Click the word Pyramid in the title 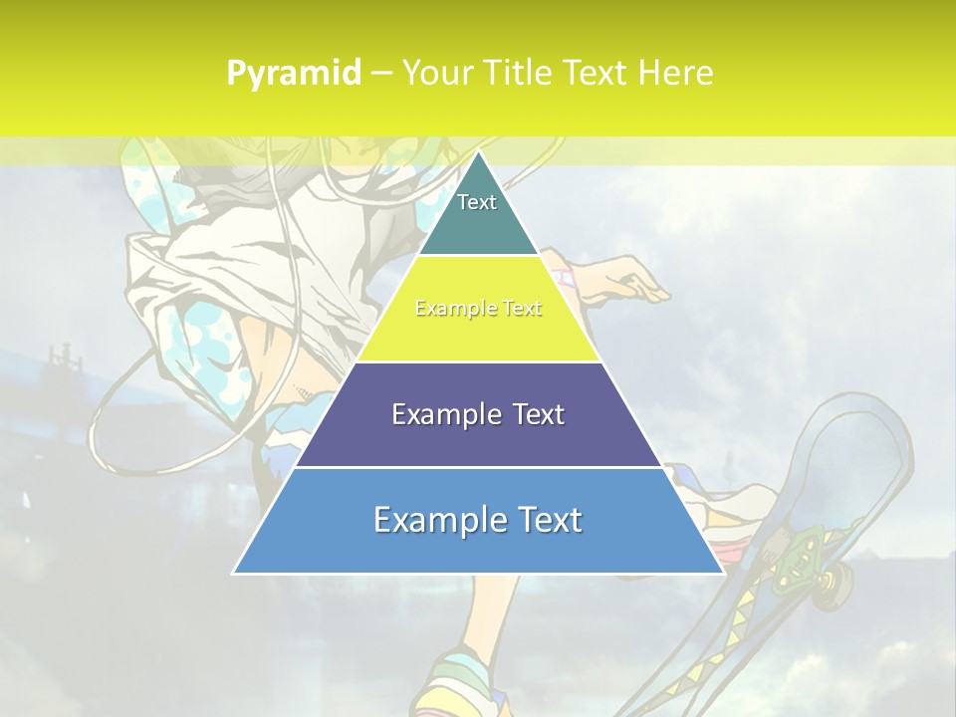pyautogui.click(x=293, y=74)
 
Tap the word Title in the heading pyautogui.click(x=522, y=73)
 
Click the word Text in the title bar pyautogui.click(x=597, y=73)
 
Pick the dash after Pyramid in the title pyautogui.click(x=381, y=74)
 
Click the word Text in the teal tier pyautogui.click(x=477, y=202)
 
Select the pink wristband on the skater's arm pyautogui.click(x=566, y=276)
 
